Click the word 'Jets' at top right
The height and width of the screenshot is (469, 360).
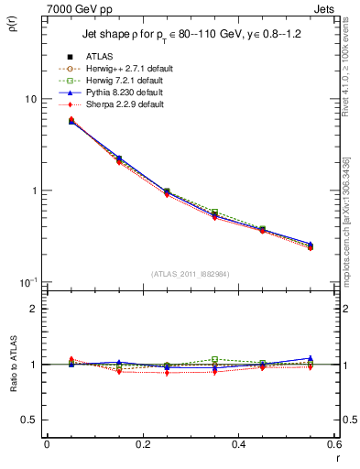point(324,7)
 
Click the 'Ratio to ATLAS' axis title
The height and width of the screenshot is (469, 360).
point(13,365)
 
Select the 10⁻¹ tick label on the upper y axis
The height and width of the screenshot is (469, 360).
point(27,282)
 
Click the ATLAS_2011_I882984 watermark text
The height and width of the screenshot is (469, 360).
point(191,274)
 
